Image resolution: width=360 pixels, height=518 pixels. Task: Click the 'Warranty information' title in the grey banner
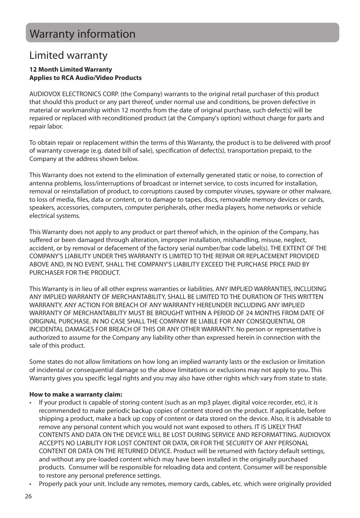point(82,34)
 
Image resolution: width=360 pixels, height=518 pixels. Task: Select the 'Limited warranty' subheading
point(68,55)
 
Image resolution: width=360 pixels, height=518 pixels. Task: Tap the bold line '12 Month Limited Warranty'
point(71,69)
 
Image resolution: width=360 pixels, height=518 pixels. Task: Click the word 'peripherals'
point(171,207)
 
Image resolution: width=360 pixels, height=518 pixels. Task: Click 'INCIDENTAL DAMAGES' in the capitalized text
point(58,329)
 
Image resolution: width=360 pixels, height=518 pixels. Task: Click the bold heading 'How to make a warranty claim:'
point(76,394)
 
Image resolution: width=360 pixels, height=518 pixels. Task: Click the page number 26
point(29,496)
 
